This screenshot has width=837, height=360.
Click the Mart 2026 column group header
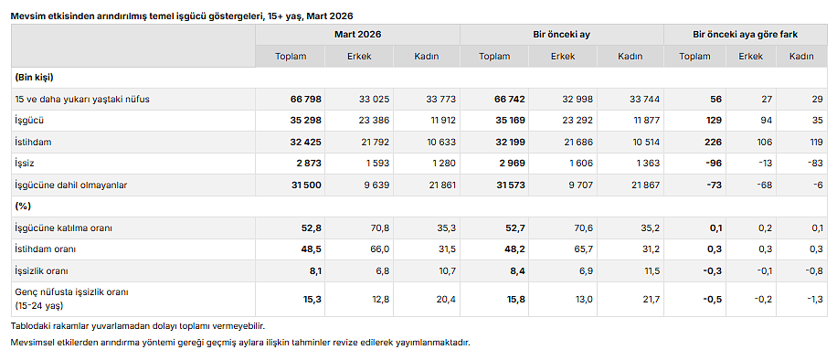pos(357,34)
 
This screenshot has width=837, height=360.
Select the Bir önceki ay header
pos(561,34)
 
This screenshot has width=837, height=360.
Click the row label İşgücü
pos(29,120)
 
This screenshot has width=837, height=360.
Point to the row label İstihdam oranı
pos(45,249)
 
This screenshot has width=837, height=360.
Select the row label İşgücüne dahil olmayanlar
pos(70,185)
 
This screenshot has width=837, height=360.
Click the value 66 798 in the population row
pos(308,99)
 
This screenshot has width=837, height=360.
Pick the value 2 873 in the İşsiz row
pos(308,163)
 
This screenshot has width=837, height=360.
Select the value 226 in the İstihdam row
pos(712,142)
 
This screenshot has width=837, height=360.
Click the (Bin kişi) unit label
pos(35,77)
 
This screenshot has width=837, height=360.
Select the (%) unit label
pos(23,206)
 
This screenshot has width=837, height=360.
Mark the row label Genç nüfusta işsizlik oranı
pos(71,292)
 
